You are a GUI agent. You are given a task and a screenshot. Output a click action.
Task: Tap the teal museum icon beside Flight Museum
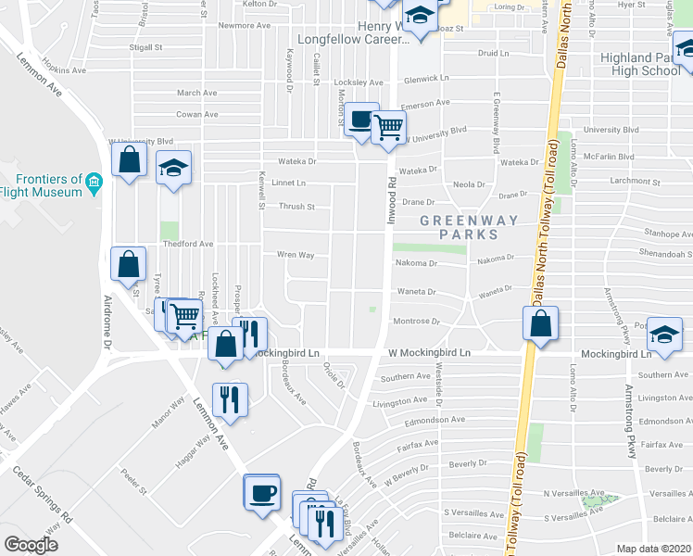tap(94, 185)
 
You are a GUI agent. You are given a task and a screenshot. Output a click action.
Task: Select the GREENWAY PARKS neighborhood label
tap(460, 227)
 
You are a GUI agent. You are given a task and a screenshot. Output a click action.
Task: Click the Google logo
tap(31, 545)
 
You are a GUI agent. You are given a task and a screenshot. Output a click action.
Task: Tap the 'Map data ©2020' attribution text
tap(653, 549)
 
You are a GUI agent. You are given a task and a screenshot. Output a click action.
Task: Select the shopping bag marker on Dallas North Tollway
tap(539, 323)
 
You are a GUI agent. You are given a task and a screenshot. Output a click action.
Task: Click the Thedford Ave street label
tap(189, 244)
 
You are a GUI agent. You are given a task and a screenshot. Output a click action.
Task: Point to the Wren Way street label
tap(296, 254)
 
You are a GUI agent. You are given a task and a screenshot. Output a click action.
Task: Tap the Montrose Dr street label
tap(415, 321)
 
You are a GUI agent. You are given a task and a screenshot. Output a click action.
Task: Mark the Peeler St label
tap(135, 483)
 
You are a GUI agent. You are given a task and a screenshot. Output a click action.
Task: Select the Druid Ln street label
tap(494, 53)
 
